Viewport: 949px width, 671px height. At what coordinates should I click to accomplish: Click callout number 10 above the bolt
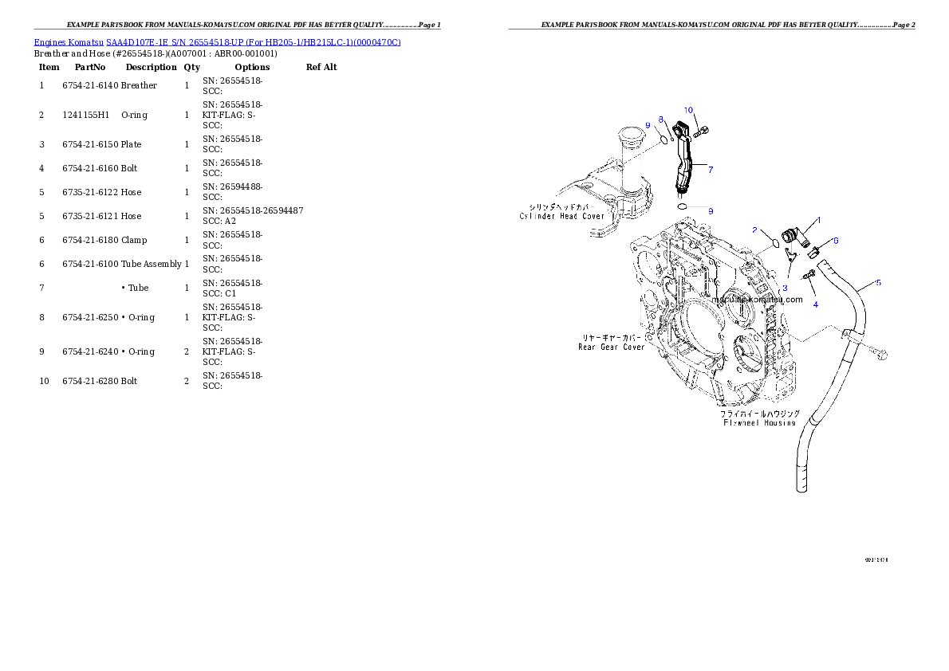(x=688, y=110)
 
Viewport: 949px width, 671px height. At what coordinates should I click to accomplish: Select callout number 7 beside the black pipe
(x=710, y=169)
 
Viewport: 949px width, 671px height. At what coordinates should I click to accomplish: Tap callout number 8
(x=660, y=119)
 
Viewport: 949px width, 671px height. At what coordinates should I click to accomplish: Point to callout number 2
(x=754, y=230)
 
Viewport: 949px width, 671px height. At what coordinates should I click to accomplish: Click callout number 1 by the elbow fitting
(x=817, y=220)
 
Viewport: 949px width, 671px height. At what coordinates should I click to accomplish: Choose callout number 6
(x=835, y=240)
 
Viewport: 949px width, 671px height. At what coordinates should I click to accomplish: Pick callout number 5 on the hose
(x=878, y=282)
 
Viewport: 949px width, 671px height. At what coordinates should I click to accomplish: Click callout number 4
(x=815, y=304)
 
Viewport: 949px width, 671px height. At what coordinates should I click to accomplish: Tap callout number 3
(x=785, y=288)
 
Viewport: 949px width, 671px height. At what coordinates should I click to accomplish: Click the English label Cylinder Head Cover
(x=562, y=216)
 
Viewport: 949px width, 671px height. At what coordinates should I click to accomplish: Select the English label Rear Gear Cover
(x=611, y=347)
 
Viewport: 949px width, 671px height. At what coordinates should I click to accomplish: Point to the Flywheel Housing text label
(x=758, y=422)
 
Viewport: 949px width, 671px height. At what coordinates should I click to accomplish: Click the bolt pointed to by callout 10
(x=701, y=132)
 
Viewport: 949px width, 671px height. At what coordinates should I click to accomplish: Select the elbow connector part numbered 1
(x=793, y=234)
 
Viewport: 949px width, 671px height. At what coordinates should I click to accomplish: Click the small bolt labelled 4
(x=809, y=275)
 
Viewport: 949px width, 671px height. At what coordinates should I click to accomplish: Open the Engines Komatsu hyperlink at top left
(x=217, y=41)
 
